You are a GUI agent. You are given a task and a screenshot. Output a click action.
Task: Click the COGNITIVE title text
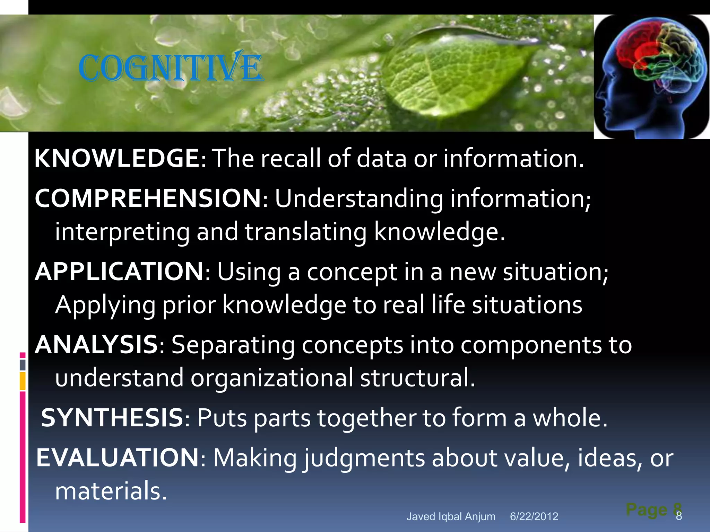point(171,67)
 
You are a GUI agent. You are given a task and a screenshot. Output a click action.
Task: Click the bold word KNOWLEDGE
point(116,158)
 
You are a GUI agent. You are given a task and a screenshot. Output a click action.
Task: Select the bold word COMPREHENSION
point(148,198)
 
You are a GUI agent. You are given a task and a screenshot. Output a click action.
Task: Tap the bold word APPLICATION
point(120,272)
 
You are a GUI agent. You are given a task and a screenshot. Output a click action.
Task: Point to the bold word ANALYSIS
point(97,345)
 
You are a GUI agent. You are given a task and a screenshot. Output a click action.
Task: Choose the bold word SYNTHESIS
point(112,418)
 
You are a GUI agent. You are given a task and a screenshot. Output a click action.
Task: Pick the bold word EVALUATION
point(118,458)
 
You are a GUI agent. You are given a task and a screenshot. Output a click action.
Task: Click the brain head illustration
point(651,77)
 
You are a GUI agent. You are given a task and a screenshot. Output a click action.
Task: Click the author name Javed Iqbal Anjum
point(451,516)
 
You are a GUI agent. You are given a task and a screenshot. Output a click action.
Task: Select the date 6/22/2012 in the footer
point(534,516)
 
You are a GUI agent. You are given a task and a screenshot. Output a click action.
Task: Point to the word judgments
point(364,459)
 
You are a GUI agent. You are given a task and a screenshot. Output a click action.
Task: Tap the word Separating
point(233,345)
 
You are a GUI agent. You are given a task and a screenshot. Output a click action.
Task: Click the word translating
point(305,232)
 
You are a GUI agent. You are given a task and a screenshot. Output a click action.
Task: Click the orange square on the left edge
point(23,381)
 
